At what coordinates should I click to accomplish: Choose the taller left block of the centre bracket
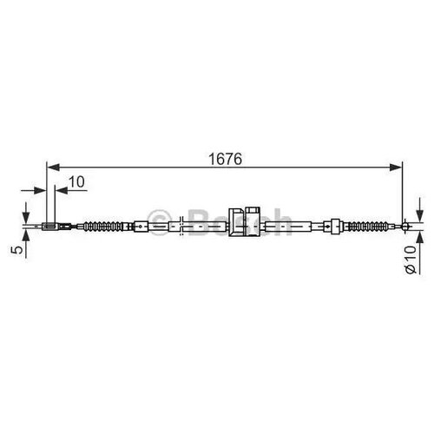coord(235,222)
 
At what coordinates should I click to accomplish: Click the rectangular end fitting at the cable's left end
coord(49,229)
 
